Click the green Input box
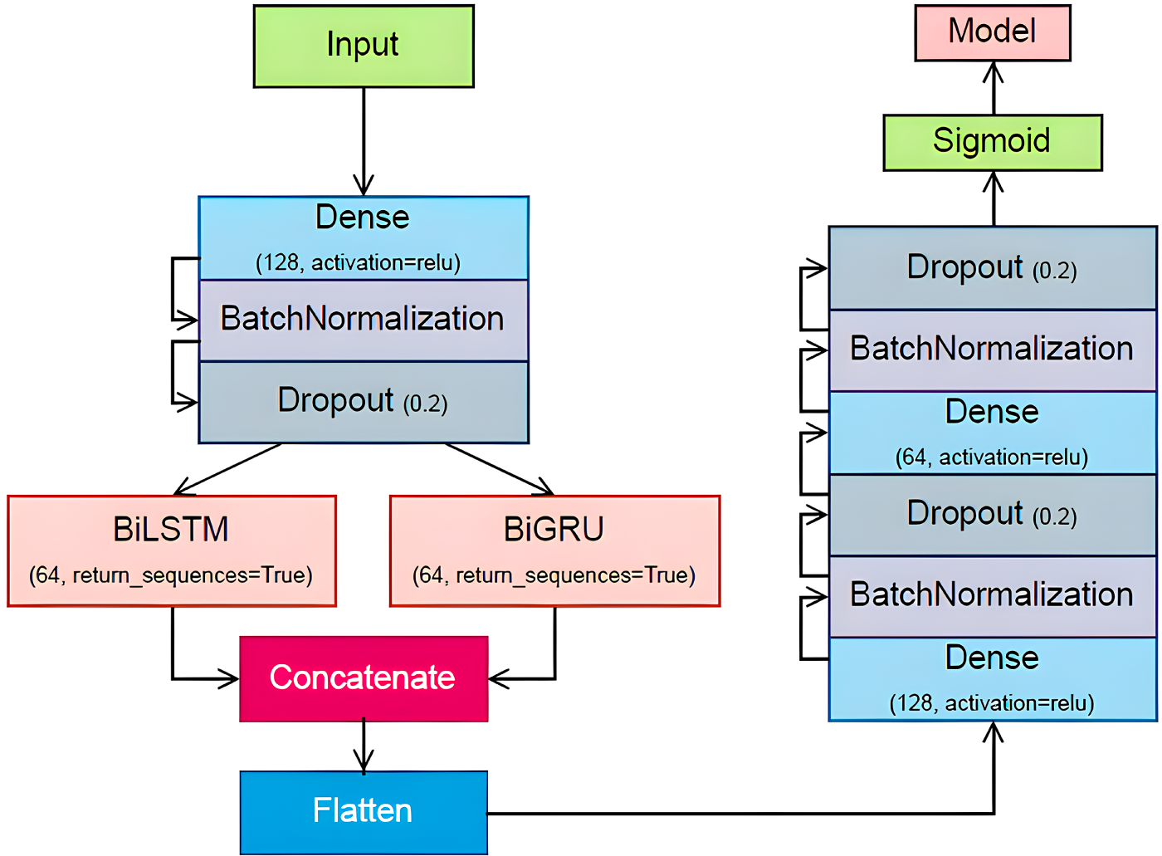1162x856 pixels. coord(364,46)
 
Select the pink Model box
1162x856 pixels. coord(993,32)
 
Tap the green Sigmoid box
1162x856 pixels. coord(993,143)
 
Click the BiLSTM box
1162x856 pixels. coord(172,551)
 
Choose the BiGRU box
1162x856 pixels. coord(555,551)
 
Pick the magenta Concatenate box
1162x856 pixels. coord(364,678)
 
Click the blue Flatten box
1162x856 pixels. coord(364,813)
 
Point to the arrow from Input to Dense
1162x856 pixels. coord(364,142)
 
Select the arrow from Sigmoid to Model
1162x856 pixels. coord(994,88)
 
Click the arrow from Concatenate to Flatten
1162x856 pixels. coord(364,746)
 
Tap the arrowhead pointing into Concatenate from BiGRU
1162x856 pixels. coord(499,678)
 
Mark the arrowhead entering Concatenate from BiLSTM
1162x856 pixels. coord(228,678)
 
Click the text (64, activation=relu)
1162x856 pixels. coord(992,457)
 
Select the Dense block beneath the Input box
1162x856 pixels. coord(364,238)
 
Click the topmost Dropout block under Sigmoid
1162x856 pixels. coord(993,268)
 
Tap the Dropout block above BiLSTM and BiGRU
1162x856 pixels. coord(364,403)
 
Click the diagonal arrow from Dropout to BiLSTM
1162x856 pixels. coord(227,469)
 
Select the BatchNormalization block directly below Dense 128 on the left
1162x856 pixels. coord(364,320)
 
